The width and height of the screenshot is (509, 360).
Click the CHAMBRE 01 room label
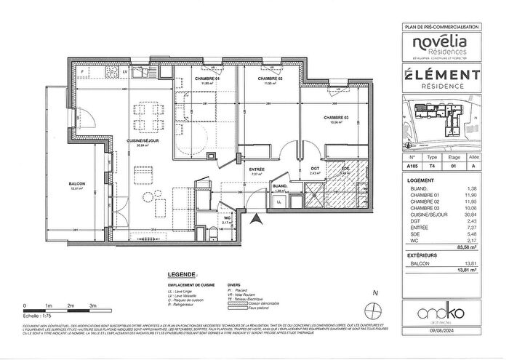tap(207, 78)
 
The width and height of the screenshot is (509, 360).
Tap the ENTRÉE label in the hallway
tap(256, 169)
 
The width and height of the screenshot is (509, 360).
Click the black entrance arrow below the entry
tap(254, 215)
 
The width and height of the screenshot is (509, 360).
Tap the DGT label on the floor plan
tap(315, 169)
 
